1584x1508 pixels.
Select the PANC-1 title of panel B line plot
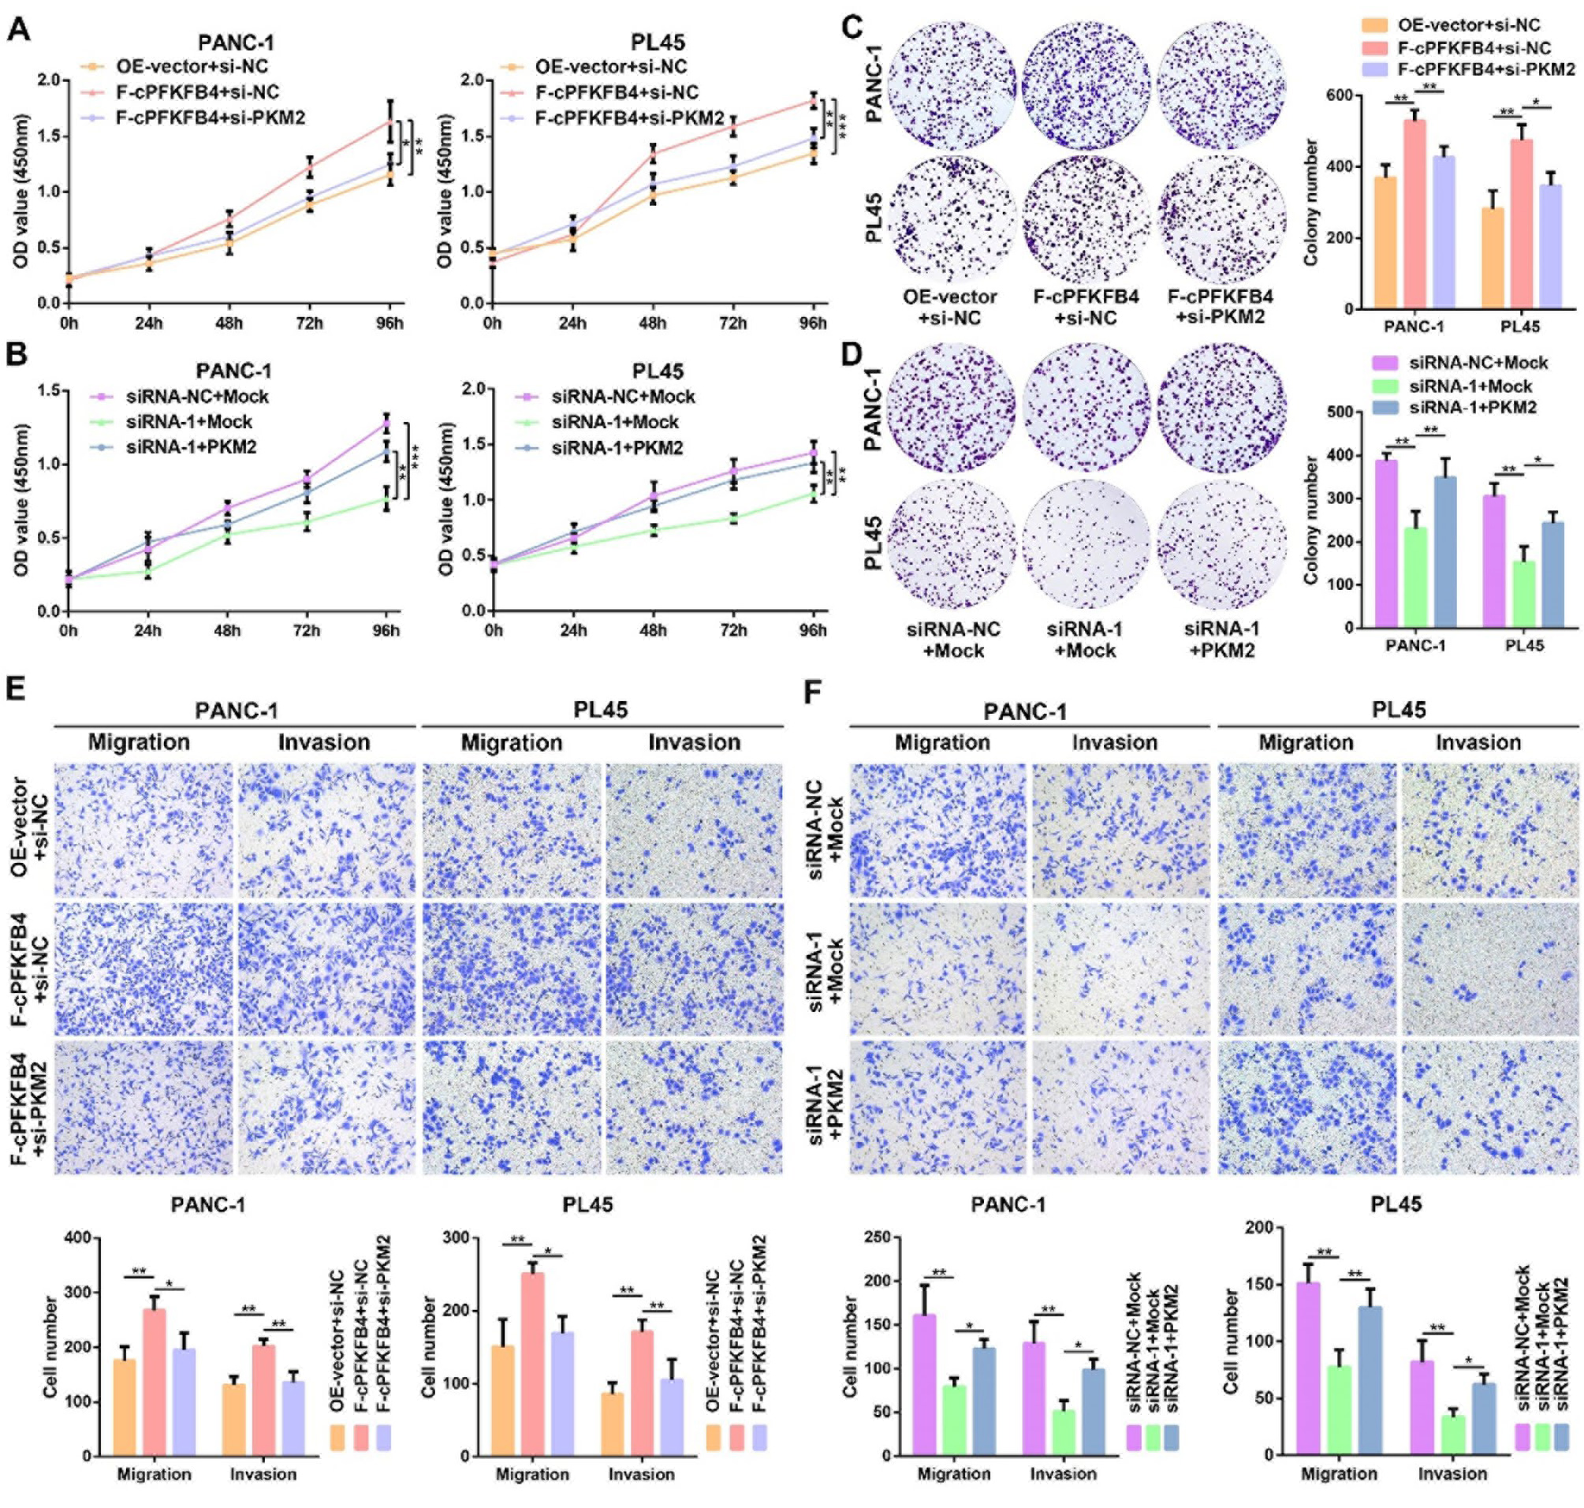[x=233, y=371]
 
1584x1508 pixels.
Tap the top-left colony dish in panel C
[x=950, y=86]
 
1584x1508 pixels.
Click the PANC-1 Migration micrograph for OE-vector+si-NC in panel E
[x=143, y=830]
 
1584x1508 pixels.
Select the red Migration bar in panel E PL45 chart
[x=532, y=1364]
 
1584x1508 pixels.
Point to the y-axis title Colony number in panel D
[x=1311, y=519]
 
